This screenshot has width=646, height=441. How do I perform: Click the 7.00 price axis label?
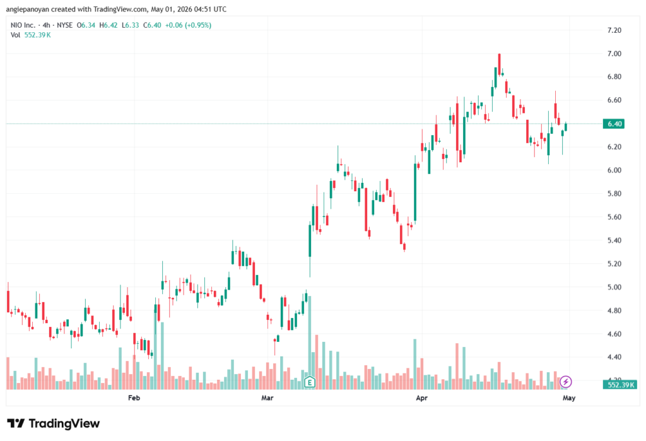tap(614, 54)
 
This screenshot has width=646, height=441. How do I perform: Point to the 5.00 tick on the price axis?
tap(614, 287)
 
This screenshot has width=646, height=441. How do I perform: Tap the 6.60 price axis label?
tap(614, 100)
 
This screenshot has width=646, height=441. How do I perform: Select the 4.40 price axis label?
tap(614, 357)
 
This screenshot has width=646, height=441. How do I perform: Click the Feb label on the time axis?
tap(134, 397)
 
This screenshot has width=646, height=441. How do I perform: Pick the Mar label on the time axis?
tap(267, 397)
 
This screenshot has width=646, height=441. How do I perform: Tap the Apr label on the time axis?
tap(421, 397)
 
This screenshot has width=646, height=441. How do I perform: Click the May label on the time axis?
tap(569, 397)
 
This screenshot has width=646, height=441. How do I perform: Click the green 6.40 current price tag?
tap(613, 124)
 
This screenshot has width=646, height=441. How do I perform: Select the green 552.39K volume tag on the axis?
tap(620, 385)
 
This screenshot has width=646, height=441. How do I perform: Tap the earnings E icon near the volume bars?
tap(309, 382)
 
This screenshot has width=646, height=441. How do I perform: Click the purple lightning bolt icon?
tap(566, 382)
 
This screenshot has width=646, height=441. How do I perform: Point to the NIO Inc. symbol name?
tap(23, 25)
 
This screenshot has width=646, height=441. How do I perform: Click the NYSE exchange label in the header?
tap(65, 25)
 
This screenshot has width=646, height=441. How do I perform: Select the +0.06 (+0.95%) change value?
tap(188, 25)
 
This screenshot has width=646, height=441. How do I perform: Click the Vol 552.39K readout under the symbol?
tap(30, 35)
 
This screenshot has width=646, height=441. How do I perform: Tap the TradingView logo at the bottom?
tap(54, 424)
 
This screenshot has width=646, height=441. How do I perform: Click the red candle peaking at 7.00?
tap(500, 64)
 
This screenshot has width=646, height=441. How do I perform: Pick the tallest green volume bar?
tap(309, 343)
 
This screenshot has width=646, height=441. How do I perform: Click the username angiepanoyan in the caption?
tap(27, 9)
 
